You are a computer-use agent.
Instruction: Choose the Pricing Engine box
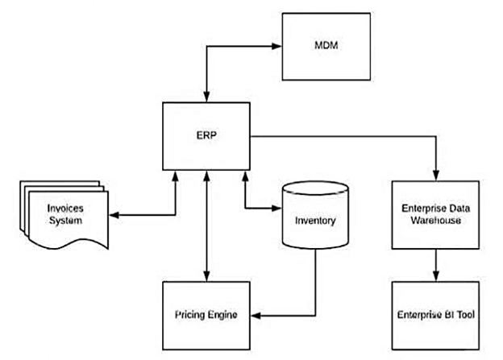(x=206, y=313)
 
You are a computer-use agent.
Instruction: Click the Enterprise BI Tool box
(x=437, y=313)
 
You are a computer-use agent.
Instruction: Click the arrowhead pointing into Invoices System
(x=112, y=216)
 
